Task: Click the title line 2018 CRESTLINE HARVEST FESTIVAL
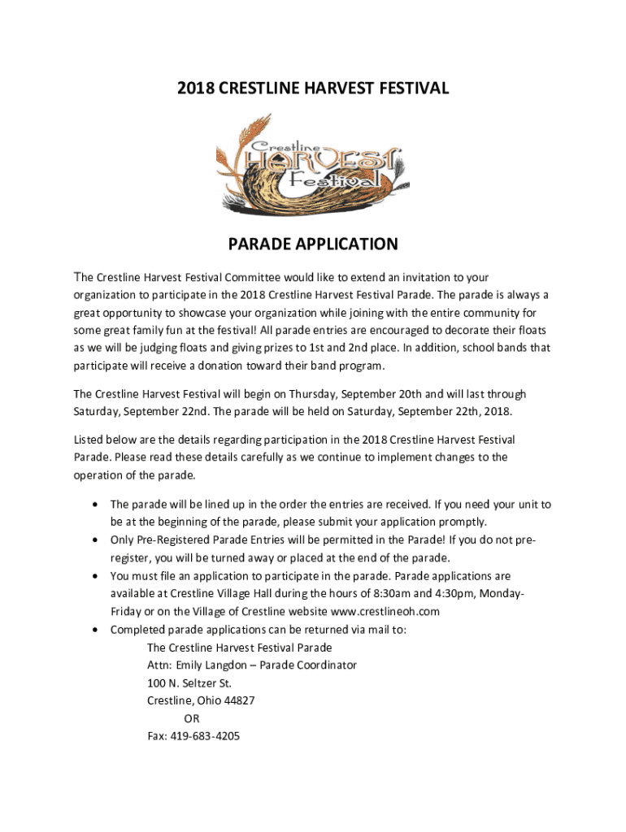[x=313, y=88]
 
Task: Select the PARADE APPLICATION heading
[x=313, y=245]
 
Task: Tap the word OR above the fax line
[x=191, y=718]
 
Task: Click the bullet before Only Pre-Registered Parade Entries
[x=97, y=540]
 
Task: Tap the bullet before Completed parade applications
[x=97, y=630]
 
